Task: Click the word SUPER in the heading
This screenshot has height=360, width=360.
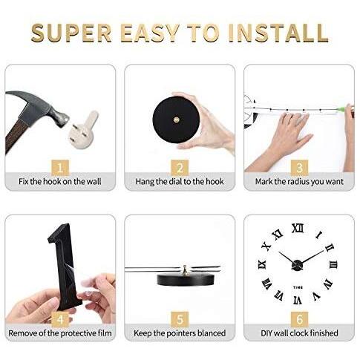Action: click(71, 33)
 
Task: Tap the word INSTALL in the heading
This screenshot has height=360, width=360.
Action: click(278, 33)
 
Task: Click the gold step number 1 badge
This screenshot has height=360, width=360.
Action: click(60, 168)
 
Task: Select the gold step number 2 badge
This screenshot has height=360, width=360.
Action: click(180, 168)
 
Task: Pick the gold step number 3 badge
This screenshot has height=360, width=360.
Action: click(299, 168)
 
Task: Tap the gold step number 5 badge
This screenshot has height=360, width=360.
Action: click(180, 319)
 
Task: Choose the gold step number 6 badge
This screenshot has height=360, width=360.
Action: click(299, 319)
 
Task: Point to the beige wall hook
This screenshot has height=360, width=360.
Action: click(83, 129)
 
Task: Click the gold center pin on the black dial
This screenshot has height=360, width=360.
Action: click(176, 120)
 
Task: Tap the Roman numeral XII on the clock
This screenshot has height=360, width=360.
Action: click(298, 228)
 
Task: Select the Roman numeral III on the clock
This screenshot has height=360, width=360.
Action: click(333, 265)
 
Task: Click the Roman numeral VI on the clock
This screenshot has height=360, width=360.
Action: click(298, 301)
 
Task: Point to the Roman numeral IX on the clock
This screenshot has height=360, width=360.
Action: click(262, 264)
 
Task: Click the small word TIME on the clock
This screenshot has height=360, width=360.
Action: click(298, 287)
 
